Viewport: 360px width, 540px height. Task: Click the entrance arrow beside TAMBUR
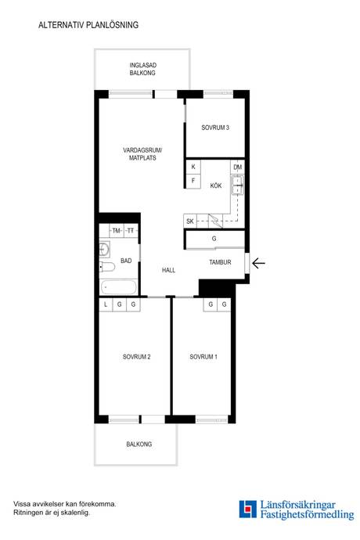coord(258,264)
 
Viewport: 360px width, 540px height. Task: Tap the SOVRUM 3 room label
coord(215,128)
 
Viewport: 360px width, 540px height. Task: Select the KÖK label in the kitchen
coord(216,185)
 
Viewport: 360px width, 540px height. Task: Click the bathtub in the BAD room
coord(119,287)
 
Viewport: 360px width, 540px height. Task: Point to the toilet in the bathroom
coord(106,267)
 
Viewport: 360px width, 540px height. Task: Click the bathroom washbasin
coord(105,249)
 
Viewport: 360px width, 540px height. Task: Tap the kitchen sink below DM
coord(238,185)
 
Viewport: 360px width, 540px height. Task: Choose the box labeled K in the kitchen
coord(193,167)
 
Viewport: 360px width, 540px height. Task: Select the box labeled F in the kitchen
coord(193,181)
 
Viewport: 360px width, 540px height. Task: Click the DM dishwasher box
coord(238,167)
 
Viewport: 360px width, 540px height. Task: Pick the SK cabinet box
coord(190,221)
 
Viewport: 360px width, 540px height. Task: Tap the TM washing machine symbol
coord(117,231)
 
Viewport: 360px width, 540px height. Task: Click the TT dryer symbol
coord(131,231)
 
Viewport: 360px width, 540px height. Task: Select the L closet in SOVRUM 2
coord(106,304)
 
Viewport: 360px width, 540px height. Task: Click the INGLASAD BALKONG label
coord(142,69)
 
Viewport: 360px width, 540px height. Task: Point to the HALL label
coord(168,270)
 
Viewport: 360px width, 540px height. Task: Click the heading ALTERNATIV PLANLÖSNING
coord(88,25)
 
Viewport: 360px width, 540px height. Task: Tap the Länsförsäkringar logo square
coord(248,509)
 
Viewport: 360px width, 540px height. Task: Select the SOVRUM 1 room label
coord(203,357)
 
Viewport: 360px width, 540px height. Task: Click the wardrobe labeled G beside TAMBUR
coord(214,239)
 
